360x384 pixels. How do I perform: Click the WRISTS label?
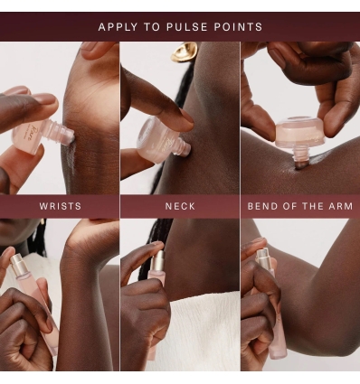(61, 206)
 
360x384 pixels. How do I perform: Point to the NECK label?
(180, 206)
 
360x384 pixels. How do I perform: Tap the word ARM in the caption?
(341, 206)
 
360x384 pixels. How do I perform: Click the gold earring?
(184, 52)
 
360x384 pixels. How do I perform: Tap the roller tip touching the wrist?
(69, 136)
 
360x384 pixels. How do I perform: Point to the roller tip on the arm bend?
(300, 163)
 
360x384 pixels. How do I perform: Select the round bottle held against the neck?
(155, 140)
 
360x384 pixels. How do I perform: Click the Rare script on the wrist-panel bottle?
(26, 134)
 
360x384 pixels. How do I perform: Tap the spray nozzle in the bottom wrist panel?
(17, 263)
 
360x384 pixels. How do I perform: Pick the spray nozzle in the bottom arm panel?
(263, 257)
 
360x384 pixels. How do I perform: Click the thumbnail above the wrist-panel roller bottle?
(44, 98)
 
